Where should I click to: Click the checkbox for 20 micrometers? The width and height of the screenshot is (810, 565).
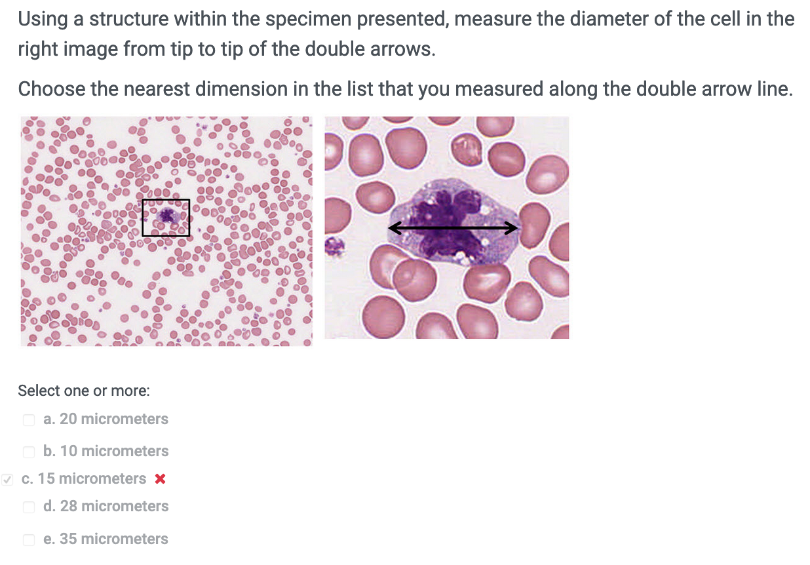coord(29,419)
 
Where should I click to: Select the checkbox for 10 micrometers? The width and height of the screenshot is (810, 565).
coord(29,452)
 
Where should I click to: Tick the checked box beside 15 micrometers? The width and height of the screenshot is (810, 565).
coord(7,479)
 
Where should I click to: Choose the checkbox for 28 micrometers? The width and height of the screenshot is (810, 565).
coord(29,507)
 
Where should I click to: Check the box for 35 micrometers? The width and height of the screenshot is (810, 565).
coord(29,539)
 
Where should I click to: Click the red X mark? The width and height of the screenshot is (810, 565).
coord(159,479)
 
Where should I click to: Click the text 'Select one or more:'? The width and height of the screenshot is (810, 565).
coord(84,391)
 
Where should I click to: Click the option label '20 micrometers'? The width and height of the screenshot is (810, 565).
coord(113,419)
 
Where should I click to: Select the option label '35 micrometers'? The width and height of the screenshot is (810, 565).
coord(113,539)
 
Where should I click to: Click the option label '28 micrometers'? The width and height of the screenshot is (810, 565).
coord(113,507)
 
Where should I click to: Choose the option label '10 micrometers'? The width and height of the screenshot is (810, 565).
coord(113,452)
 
